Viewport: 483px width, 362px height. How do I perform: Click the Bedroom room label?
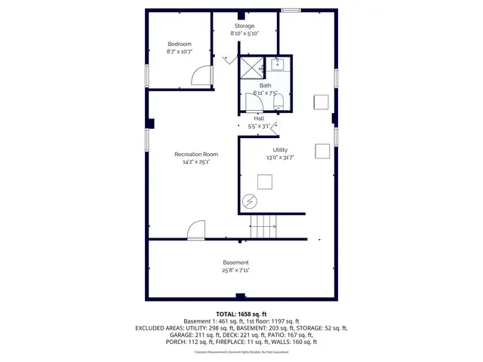coord(179,44)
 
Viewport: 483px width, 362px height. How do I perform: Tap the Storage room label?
coord(244,26)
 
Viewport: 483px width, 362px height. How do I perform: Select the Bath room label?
coord(266,85)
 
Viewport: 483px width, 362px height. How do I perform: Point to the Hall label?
coord(259,118)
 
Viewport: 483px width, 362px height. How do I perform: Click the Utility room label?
coord(279,150)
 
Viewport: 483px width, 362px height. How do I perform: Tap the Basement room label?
coord(235,262)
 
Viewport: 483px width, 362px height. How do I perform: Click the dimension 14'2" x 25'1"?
coord(195,161)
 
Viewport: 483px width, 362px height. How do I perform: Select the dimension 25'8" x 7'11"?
coord(235,270)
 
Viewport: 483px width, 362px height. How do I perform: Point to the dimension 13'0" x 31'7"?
coord(279,158)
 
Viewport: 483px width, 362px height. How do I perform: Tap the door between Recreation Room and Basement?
coord(196,230)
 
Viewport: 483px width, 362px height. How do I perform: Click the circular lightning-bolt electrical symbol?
coord(249,201)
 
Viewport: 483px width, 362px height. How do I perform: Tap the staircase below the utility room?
coord(265,225)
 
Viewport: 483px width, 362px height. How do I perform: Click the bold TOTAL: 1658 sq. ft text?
coord(241,314)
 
